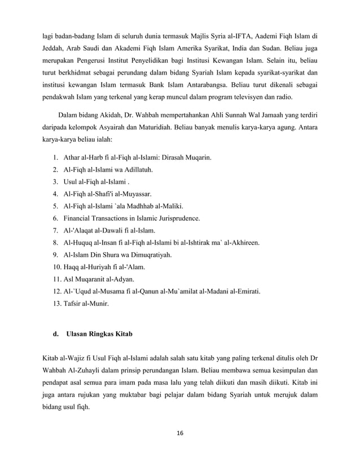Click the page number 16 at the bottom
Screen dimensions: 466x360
180,433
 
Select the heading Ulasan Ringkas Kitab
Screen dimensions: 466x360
99,333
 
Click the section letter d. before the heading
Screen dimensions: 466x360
55,333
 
